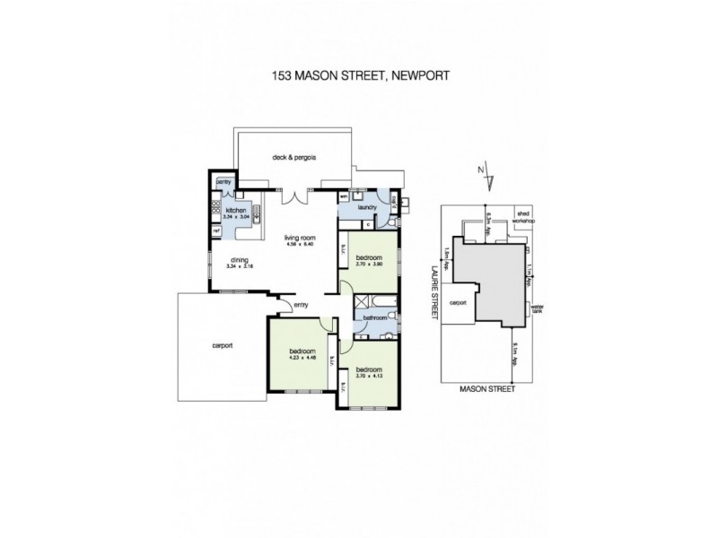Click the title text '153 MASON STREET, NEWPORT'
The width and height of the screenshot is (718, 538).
(360, 77)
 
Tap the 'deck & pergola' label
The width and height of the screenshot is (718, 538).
(293, 159)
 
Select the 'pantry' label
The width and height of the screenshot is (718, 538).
(223, 183)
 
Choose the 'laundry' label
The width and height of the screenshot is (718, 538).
(364, 206)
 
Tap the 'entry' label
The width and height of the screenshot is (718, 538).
(300, 307)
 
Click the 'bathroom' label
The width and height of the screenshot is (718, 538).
(374, 317)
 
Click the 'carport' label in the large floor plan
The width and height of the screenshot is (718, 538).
(223, 345)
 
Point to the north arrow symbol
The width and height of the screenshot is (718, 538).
(490, 174)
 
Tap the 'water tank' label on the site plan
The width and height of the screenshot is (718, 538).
(538, 309)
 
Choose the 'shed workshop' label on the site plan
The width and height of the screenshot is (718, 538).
(523, 218)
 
